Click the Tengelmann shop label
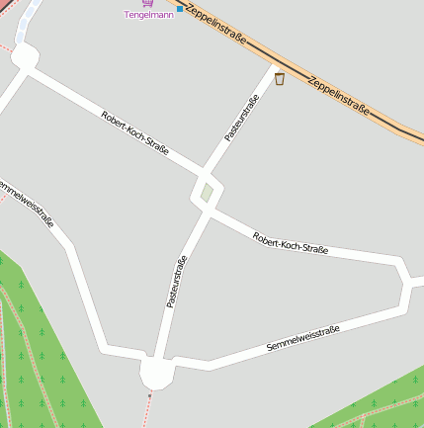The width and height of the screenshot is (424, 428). (149, 15)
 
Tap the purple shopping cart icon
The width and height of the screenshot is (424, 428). (148, 3)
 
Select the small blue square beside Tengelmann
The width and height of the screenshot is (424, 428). (179, 7)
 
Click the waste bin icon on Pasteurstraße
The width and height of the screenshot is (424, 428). (280, 79)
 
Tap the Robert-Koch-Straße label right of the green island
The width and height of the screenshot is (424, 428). (290, 243)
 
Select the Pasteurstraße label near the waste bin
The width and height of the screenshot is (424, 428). (242, 118)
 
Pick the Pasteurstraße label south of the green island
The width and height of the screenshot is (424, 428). (177, 282)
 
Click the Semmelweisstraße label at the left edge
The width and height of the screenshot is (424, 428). (27, 202)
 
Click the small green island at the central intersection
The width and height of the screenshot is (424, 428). (206, 191)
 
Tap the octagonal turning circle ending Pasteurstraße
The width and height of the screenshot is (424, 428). (157, 373)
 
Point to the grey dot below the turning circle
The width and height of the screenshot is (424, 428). (150, 395)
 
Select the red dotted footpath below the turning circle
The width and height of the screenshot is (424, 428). (146, 413)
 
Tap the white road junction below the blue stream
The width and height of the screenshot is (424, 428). (24, 57)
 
